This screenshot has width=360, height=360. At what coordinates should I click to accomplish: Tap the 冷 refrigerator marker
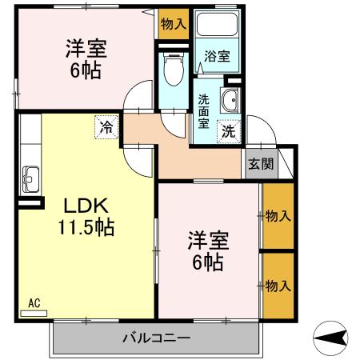pos(106,125)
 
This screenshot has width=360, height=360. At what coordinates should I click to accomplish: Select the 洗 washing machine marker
pos(228,130)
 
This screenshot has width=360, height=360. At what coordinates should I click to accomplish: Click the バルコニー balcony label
pos(157,336)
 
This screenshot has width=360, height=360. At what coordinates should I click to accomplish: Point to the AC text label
pos(34,302)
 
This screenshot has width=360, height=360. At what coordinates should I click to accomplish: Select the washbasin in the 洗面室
pos(230,101)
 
